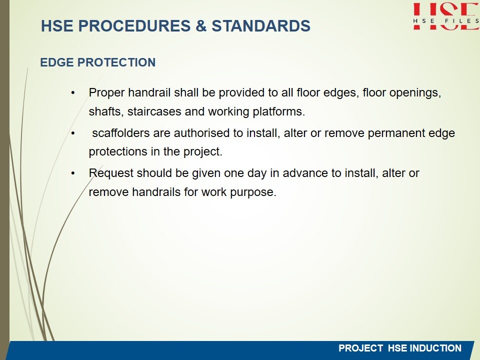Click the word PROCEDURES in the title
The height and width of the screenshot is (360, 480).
[x=134, y=25]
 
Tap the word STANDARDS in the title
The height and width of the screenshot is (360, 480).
[x=261, y=25]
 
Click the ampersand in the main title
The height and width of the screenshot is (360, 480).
[x=201, y=25]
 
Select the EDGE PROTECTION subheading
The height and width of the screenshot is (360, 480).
[x=98, y=62]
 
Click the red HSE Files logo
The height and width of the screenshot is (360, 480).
[x=446, y=16]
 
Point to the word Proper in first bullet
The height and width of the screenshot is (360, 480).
[x=106, y=93]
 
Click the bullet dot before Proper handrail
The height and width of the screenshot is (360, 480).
[x=73, y=93]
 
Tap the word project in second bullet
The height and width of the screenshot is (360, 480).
[x=202, y=152]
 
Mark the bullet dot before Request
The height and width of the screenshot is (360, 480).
[x=73, y=173]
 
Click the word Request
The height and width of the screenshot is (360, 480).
[x=111, y=173]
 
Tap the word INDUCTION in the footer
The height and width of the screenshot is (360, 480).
[x=435, y=348]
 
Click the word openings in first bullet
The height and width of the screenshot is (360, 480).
[x=415, y=93]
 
